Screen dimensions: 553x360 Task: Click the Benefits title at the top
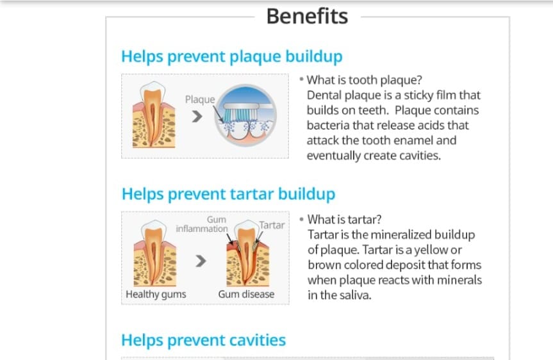click(x=307, y=16)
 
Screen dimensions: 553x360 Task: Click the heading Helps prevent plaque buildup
click(x=232, y=56)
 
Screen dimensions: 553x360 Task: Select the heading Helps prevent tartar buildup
click(x=229, y=194)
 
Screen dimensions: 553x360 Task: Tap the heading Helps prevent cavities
click(x=204, y=340)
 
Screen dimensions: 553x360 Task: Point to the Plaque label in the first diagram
click(x=200, y=99)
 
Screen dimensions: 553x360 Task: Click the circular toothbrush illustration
click(x=245, y=115)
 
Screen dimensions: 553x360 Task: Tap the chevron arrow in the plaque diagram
click(x=197, y=117)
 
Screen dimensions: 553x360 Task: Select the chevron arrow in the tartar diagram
click(x=201, y=261)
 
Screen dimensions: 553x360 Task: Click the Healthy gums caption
click(x=156, y=295)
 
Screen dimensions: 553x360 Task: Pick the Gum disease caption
click(x=246, y=294)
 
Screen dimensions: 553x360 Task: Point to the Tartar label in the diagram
click(x=272, y=225)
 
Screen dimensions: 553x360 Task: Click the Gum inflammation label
click(x=202, y=224)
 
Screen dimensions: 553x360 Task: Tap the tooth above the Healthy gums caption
click(x=155, y=253)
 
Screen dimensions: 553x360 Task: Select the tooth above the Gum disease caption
click(x=247, y=253)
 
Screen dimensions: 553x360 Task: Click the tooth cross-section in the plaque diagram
click(x=154, y=115)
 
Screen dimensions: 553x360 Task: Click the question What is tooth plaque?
click(x=365, y=80)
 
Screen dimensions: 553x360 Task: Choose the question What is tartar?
click(x=344, y=220)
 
